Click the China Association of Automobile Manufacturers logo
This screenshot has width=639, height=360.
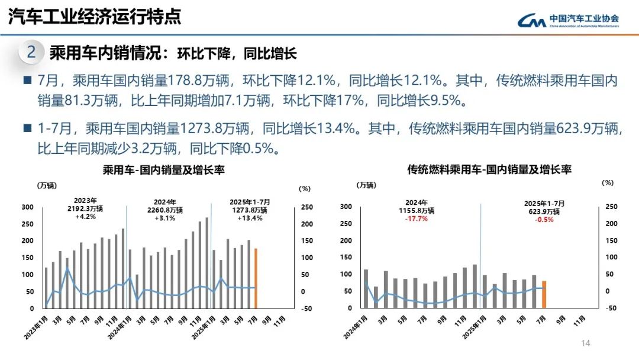(568, 21)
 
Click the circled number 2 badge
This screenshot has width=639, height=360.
(32, 53)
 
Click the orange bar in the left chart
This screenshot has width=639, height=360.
(256, 278)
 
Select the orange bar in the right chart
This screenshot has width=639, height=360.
(544, 294)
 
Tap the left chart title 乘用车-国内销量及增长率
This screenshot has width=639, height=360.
(164, 171)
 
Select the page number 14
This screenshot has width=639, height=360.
(586, 343)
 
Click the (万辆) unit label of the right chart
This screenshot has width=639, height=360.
(366, 185)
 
